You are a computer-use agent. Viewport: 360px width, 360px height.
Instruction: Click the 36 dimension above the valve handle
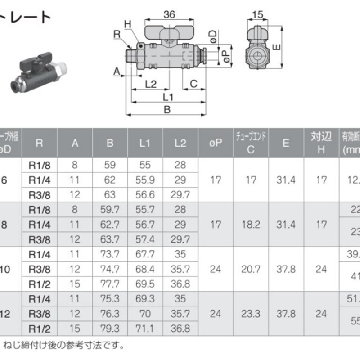click(x=169, y=15)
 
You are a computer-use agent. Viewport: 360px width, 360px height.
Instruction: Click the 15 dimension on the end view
click(x=258, y=15)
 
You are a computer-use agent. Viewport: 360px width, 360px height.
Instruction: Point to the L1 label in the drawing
click(x=168, y=97)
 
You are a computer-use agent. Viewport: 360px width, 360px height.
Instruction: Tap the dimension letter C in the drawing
click(x=193, y=83)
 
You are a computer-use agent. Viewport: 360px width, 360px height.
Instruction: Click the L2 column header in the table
click(x=180, y=143)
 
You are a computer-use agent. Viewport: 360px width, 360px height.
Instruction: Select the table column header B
click(x=110, y=143)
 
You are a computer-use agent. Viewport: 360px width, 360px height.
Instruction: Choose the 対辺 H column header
click(x=320, y=143)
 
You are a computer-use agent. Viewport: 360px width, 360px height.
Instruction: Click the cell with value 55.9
click(x=145, y=180)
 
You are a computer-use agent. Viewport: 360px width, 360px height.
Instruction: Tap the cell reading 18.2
click(x=251, y=224)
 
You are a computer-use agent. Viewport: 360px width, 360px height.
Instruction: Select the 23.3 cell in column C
click(x=251, y=313)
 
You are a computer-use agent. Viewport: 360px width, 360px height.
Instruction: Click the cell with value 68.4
click(x=145, y=269)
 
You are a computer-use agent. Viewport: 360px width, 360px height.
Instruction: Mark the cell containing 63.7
click(x=110, y=239)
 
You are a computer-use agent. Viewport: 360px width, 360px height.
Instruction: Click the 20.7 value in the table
click(x=251, y=269)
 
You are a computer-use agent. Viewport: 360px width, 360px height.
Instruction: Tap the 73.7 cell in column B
click(x=110, y=254)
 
